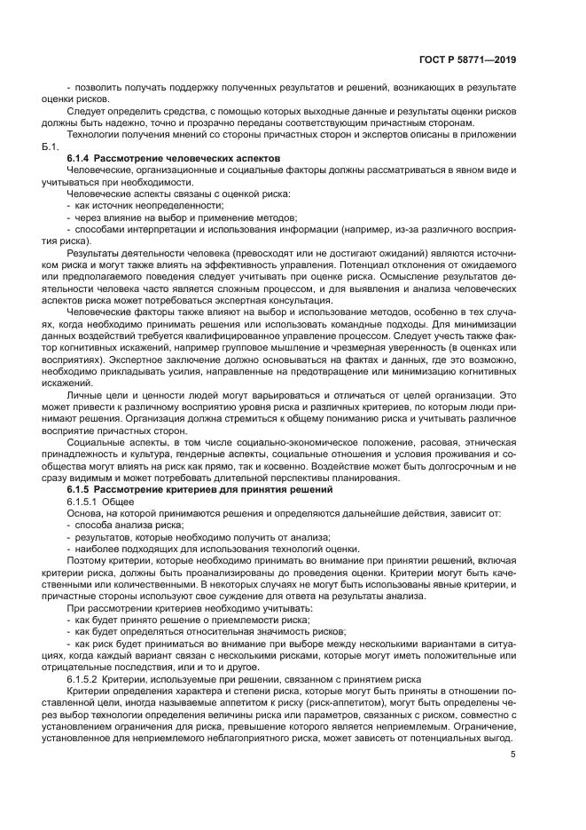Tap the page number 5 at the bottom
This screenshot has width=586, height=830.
[x=513, y=755]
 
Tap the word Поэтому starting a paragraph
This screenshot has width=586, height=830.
[x=90, y=560]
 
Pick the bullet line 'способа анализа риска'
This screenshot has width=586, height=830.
[x=129, y=525]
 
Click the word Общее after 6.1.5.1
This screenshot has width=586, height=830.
[x=124, y=502]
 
